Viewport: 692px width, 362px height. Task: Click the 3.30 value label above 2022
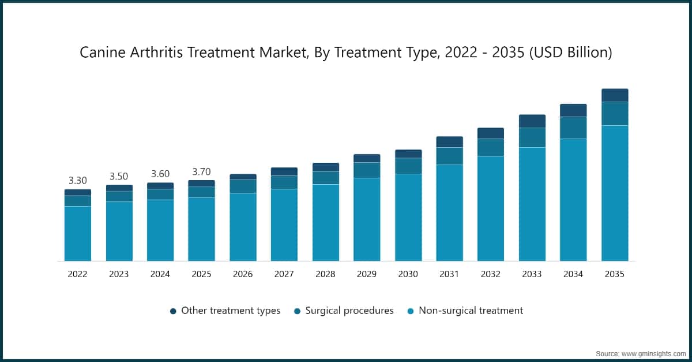coord(77,181)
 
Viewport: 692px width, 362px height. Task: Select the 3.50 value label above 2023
coord(119,177)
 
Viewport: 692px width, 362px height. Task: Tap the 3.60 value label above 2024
coord(160,174)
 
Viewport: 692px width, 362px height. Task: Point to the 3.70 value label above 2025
coord(201,171)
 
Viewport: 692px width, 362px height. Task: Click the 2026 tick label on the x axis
coord(243,274)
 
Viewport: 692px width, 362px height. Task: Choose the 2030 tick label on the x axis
coord(408,274)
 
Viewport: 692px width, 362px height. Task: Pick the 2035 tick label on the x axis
coord(615,274)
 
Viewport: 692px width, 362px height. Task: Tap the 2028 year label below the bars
coord(325,274)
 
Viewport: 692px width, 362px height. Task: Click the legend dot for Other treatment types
coord(173,311)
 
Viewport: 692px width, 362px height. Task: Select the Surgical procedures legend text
coord(349,311)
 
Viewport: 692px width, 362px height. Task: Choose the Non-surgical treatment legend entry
coord(471,311)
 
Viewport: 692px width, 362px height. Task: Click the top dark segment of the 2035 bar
coord(615,95)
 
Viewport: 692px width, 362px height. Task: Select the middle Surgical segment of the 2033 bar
coord(532,137)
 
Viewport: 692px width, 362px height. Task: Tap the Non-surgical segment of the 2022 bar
coord(77,233)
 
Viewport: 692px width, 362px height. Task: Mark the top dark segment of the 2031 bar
coord(449,142)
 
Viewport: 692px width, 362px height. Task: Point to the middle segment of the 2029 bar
coord(367,170)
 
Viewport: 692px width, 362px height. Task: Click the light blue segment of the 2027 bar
coord(284,225)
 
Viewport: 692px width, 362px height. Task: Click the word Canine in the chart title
coord(101,53)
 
